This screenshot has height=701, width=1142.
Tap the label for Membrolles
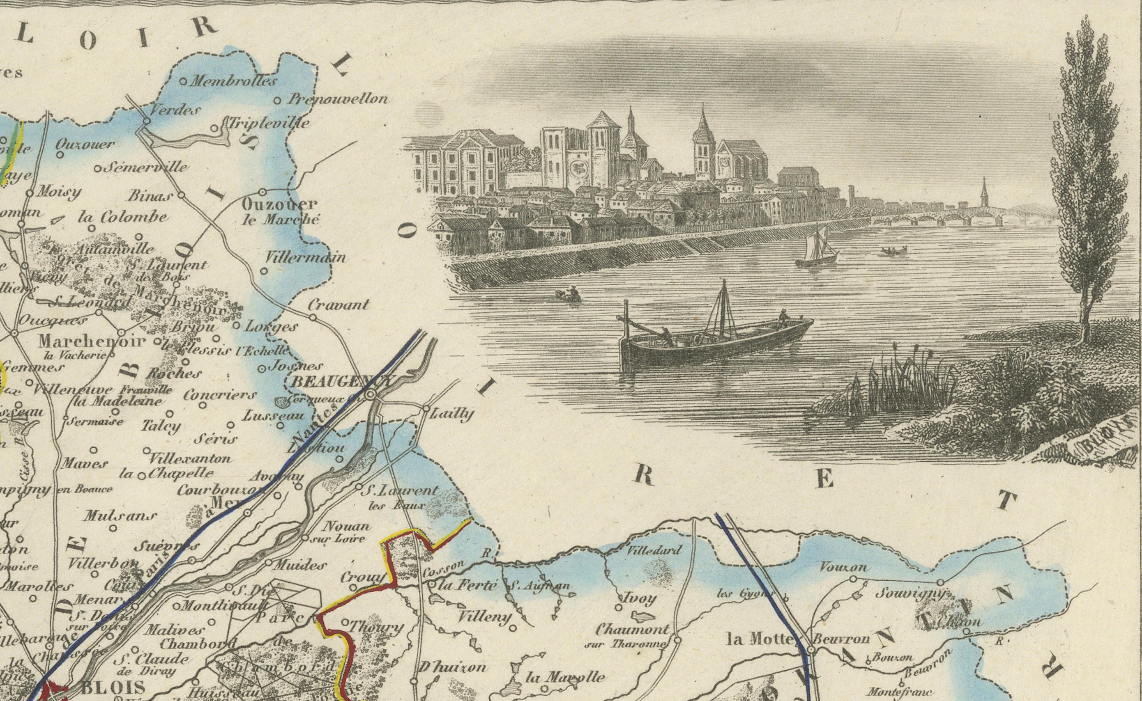pyautogui.click(x=233, y=81)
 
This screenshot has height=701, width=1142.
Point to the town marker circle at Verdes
pyautogui.click(x=147, y=121)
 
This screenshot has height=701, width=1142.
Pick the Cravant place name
pyautogui.click(x=339, y=305)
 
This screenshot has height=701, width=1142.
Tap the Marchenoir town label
pyautogui.click(x=92, y=342)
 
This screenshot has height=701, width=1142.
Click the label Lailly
pyautogui.click(x=451, y=413)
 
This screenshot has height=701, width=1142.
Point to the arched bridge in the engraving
pyautogui.click(x=937, y=218)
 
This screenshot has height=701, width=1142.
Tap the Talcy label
pyautogui.click(x=161, y=426)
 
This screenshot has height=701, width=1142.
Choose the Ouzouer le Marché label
pyautogui.click(x=280, y=211)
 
